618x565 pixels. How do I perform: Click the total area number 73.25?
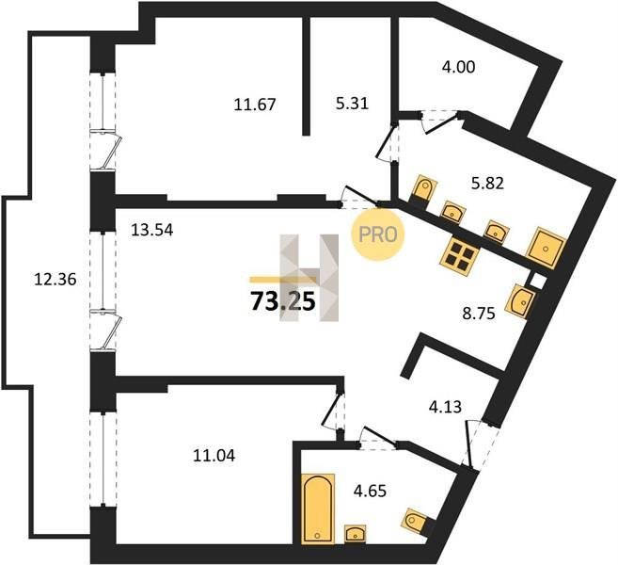(x=283, y=302)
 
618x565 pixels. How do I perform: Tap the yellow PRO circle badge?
(x=378, y=234)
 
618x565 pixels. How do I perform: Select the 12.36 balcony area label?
(x=55, y=280)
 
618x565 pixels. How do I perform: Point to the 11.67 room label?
(x=255, y=105)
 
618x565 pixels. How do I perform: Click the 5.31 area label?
(x=352, y=104)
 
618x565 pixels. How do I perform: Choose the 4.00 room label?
(x=458, y=67)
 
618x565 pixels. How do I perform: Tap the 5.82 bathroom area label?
(x=487, y=183)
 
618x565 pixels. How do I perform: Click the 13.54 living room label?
(x=152, y=230)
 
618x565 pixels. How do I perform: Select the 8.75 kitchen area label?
(x=479, y=315)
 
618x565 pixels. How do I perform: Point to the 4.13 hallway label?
(x=445, y=407)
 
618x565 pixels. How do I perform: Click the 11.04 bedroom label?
(x=214, y=456)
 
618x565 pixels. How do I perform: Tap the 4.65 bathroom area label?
(x=370, y=492)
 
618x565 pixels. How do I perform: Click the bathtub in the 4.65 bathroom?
(x=318, y=508)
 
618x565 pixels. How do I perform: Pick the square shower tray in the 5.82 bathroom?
(x=547, y=248)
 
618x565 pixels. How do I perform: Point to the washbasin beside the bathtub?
(x=356, y=534)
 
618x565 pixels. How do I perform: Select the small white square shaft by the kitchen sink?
(x=537, y=281)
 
